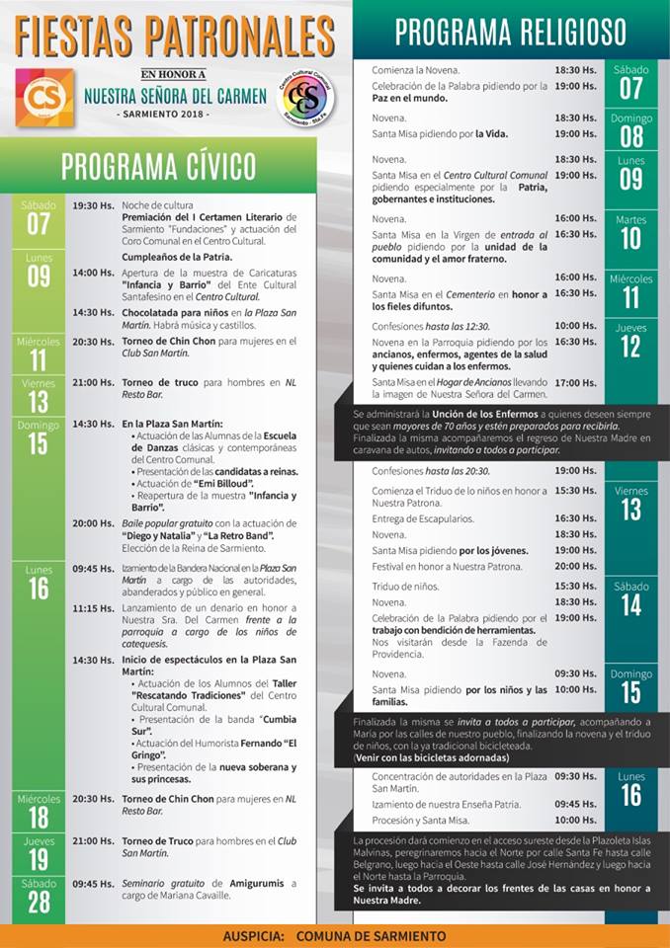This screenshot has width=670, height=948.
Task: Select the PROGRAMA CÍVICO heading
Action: coord(158,167)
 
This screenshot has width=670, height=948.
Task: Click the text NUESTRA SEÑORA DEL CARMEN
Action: coord(175,97)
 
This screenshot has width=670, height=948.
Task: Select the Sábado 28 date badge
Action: coord(38,900)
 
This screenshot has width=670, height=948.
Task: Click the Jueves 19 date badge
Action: coord(38,852)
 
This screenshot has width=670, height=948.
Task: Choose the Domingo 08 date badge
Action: coord(630,129)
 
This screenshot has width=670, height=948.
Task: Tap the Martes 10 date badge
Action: coord(630,232)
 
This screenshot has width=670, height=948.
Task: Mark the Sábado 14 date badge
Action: coord(630,598)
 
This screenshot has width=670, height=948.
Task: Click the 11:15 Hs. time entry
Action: coord(92,610)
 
